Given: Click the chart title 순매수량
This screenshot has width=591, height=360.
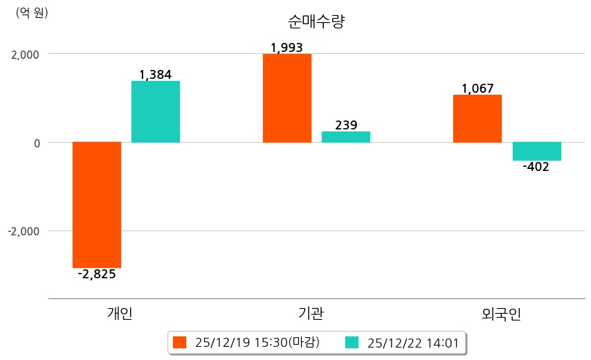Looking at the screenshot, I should point(316,21).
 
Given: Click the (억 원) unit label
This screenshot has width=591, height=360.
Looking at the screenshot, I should point(32,12).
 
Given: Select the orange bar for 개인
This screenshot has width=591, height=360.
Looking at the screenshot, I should point(97,204).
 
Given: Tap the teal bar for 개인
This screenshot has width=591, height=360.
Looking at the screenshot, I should point(156,111).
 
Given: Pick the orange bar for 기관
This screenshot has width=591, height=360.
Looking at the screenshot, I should point(287,98).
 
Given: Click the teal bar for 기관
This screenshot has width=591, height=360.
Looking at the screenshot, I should point(346,137).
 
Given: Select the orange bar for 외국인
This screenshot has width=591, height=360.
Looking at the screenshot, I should point(478,118).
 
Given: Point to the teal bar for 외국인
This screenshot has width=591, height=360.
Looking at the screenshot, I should point(537,151).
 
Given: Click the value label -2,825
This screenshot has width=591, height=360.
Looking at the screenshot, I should point(97,274).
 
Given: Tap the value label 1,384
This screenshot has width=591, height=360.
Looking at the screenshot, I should point(155,74).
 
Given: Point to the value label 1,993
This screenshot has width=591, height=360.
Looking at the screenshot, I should point(287,48).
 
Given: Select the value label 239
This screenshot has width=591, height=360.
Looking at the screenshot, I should point(346,125).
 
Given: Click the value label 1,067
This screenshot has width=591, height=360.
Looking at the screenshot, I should point(478,89).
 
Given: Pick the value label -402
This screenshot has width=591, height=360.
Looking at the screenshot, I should point(536,167).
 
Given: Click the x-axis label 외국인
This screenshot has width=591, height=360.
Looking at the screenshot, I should point(502,314).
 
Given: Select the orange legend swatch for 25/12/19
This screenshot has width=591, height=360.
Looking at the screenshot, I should point(180,342).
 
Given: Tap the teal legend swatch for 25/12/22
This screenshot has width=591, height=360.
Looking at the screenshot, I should point(352,342).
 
